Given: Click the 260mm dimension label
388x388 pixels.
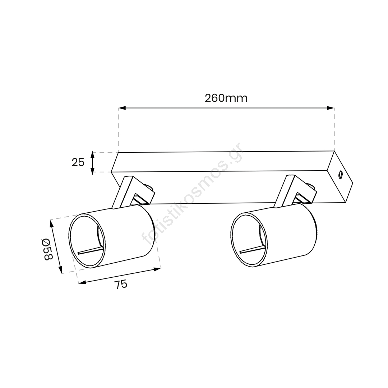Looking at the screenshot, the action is click(x=226, y=98).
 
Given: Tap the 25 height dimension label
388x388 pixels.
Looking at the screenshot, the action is click(x=78, y=162).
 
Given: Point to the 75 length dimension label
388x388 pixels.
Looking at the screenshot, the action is click(x=121, y=285).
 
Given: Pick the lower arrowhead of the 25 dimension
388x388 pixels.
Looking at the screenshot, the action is click(x=92, y=171).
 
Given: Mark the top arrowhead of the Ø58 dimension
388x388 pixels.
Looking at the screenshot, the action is click(x=52, y=224).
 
